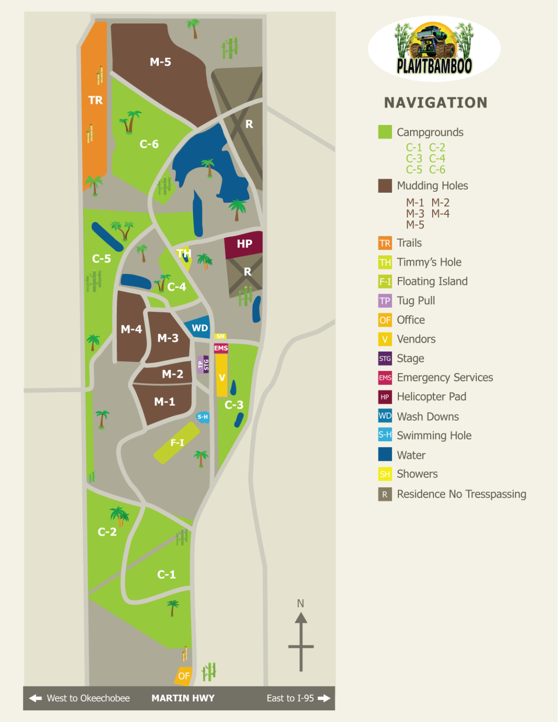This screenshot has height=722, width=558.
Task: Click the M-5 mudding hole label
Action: point(160,62)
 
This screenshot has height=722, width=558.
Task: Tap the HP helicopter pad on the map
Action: point(244,244)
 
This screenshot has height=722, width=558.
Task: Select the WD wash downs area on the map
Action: point(199,328)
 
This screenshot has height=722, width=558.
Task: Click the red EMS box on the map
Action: point(221,348)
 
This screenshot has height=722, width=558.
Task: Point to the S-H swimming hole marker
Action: point(203,417)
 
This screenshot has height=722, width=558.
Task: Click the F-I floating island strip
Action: point(177,443)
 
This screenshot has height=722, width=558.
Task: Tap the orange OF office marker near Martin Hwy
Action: point(183,676)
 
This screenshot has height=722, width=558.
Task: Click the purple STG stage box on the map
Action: point(206,364)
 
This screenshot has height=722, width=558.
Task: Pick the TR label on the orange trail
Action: point(95,100)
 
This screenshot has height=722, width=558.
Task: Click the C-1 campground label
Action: point(166,574)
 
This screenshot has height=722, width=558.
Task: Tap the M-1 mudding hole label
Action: point(164,402)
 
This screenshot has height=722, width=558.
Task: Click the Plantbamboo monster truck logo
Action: point(434,48)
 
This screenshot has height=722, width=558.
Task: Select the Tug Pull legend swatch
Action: point(385,301)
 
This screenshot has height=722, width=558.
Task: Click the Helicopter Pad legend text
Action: point(431,397)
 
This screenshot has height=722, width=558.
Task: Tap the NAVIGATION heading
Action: point(435,102)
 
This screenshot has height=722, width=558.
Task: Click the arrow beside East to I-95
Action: point(324,698)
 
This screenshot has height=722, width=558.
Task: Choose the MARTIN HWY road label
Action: point(183,698)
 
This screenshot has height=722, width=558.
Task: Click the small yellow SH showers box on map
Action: point(220,336)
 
